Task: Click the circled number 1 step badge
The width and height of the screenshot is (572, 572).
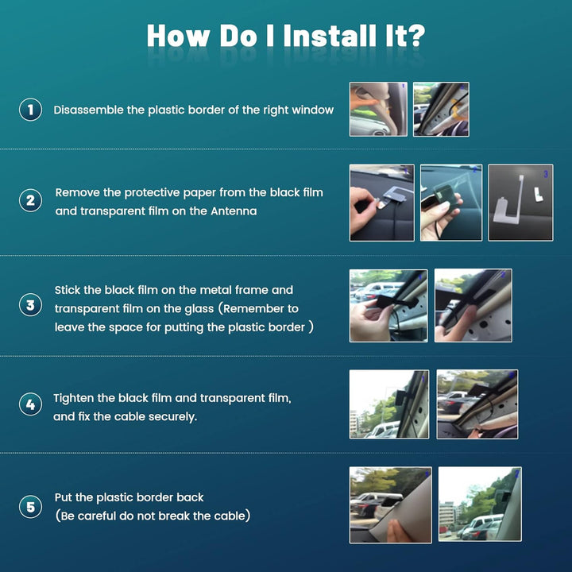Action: (x=30, y=110)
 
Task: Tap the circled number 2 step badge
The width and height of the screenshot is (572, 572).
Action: (x=30, y=200)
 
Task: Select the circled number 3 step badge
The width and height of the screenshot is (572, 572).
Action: (x=30, y=305)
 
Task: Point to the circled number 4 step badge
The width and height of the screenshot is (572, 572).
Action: (x=30, y=404)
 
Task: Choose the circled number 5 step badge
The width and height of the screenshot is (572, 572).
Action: (x=30, y=507)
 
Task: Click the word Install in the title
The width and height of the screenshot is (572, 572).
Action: (x=330, y=36)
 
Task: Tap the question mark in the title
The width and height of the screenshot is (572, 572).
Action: (x=415, y=36)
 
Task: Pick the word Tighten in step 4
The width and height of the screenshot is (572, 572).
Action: (x=74, y=398)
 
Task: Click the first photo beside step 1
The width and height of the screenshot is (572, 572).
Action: (x=378, y=109)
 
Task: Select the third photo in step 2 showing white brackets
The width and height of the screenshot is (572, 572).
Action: (x=520, y=203)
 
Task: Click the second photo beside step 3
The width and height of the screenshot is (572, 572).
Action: (x=473, y=306)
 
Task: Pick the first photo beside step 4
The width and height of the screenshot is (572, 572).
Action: (x=389, y=404)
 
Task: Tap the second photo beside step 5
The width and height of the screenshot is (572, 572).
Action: (x=480, y=504)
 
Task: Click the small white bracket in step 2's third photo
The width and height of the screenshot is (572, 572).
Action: (x=538, y=194)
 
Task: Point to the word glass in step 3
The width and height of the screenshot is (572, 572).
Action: (x=199, y=309)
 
